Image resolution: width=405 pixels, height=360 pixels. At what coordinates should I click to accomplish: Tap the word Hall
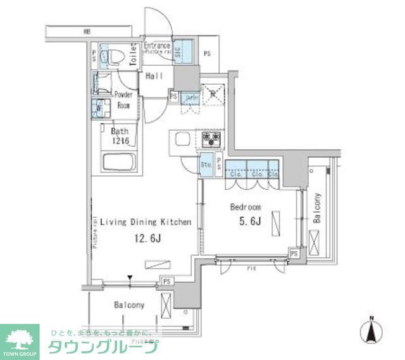coord(154,76)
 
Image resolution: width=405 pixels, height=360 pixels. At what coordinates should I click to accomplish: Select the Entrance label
coord(156,46)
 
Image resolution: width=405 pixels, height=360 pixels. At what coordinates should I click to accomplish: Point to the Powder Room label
coord(123,100)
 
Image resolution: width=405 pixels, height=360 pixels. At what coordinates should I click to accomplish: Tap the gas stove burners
coord(211,138)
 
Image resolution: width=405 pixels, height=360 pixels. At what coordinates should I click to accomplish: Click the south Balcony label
coord(129,305)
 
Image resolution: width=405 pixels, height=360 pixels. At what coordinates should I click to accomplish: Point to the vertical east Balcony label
coord(316,208)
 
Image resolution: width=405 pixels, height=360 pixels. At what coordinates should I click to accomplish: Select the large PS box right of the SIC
coord(207,53)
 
